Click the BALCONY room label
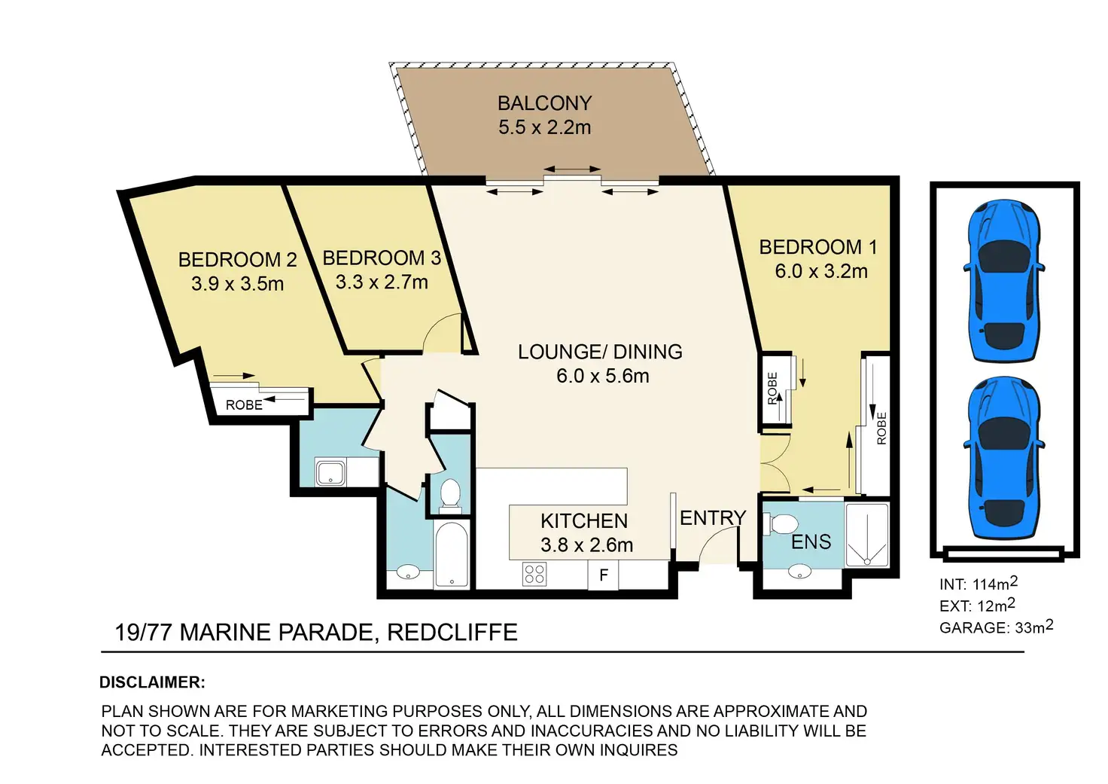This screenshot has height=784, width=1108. pos(545,103)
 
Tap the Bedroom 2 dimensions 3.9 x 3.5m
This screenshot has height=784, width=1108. pos(237,284)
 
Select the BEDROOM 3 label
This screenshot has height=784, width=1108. pos(382,258)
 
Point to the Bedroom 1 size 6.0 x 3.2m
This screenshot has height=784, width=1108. pos(821,271)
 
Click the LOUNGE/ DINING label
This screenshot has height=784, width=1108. pos(600,352)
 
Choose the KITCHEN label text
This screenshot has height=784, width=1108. pos(584,521)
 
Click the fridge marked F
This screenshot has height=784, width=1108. pos(603,575)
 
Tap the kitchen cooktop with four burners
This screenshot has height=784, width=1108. pos(534,575)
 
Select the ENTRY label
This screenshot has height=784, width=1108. pos(713,518)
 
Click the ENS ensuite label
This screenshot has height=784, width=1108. pos(811,542)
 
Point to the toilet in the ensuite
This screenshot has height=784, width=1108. pos(781,524)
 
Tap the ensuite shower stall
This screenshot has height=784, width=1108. pos(866,535)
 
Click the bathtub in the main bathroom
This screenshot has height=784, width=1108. pos(451,554)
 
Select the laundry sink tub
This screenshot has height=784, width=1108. pos(330,473)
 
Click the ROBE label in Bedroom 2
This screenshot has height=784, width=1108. pos(244,405)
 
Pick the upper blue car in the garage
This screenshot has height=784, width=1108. pos(1003,281)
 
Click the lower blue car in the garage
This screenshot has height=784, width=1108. pos(1003,459)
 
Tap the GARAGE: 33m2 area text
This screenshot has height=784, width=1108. pos(996,627)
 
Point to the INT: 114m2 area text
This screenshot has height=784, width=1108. pos(979,584)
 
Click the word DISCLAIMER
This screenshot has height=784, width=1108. pos(152,682)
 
